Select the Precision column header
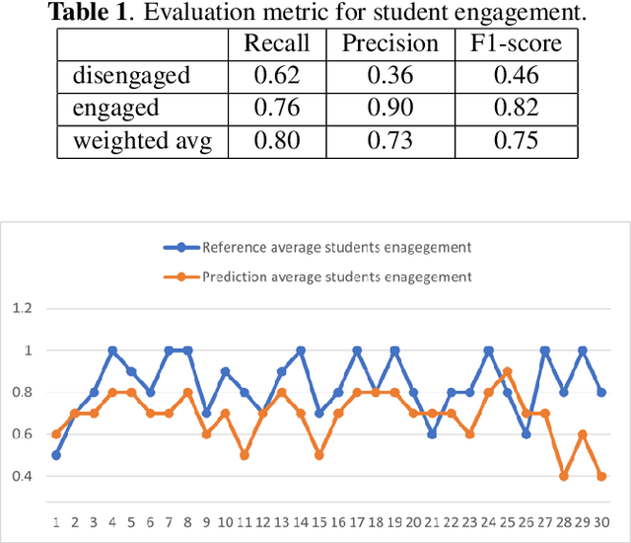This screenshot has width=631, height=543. [389, 43]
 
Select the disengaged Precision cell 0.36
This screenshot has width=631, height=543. [389, 76]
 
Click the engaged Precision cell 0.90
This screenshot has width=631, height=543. [389, 109]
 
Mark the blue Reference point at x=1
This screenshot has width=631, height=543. [56, 455]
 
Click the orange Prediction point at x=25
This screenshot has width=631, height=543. [507, 371]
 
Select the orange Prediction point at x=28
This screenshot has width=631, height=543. [563, 476]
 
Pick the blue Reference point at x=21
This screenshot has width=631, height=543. [432, 433]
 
